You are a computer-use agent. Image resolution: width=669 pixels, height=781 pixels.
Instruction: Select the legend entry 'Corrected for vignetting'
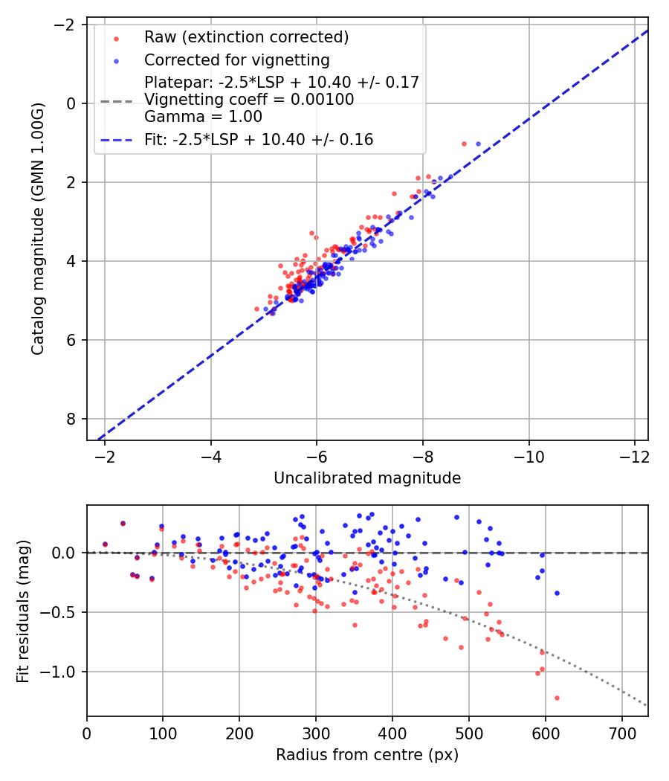point(237,60)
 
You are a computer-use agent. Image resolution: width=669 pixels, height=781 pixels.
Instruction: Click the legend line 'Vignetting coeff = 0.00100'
point(249,99)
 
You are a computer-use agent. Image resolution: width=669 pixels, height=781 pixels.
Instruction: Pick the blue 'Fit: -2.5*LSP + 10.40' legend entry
point(259,139)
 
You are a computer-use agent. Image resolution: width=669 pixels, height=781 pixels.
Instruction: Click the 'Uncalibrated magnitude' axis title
point(367,478)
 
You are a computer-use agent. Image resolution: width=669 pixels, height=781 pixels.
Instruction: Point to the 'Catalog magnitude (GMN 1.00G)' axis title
point(39,228)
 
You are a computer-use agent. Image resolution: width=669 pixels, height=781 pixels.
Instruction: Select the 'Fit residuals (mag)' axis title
point(23,610)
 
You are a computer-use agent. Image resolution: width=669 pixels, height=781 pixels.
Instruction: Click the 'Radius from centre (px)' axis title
point(367,756)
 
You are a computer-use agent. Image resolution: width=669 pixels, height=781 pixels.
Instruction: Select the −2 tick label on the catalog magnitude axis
point(68,25)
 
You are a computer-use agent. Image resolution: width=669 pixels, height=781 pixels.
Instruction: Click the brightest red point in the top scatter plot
point(464,144)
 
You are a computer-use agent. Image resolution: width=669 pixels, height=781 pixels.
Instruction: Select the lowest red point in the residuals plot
point(557,698)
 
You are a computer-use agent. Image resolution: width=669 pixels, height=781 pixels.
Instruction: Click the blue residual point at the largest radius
point(557,593)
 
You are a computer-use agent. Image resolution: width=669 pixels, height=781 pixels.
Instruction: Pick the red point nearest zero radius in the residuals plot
point(105,544)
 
